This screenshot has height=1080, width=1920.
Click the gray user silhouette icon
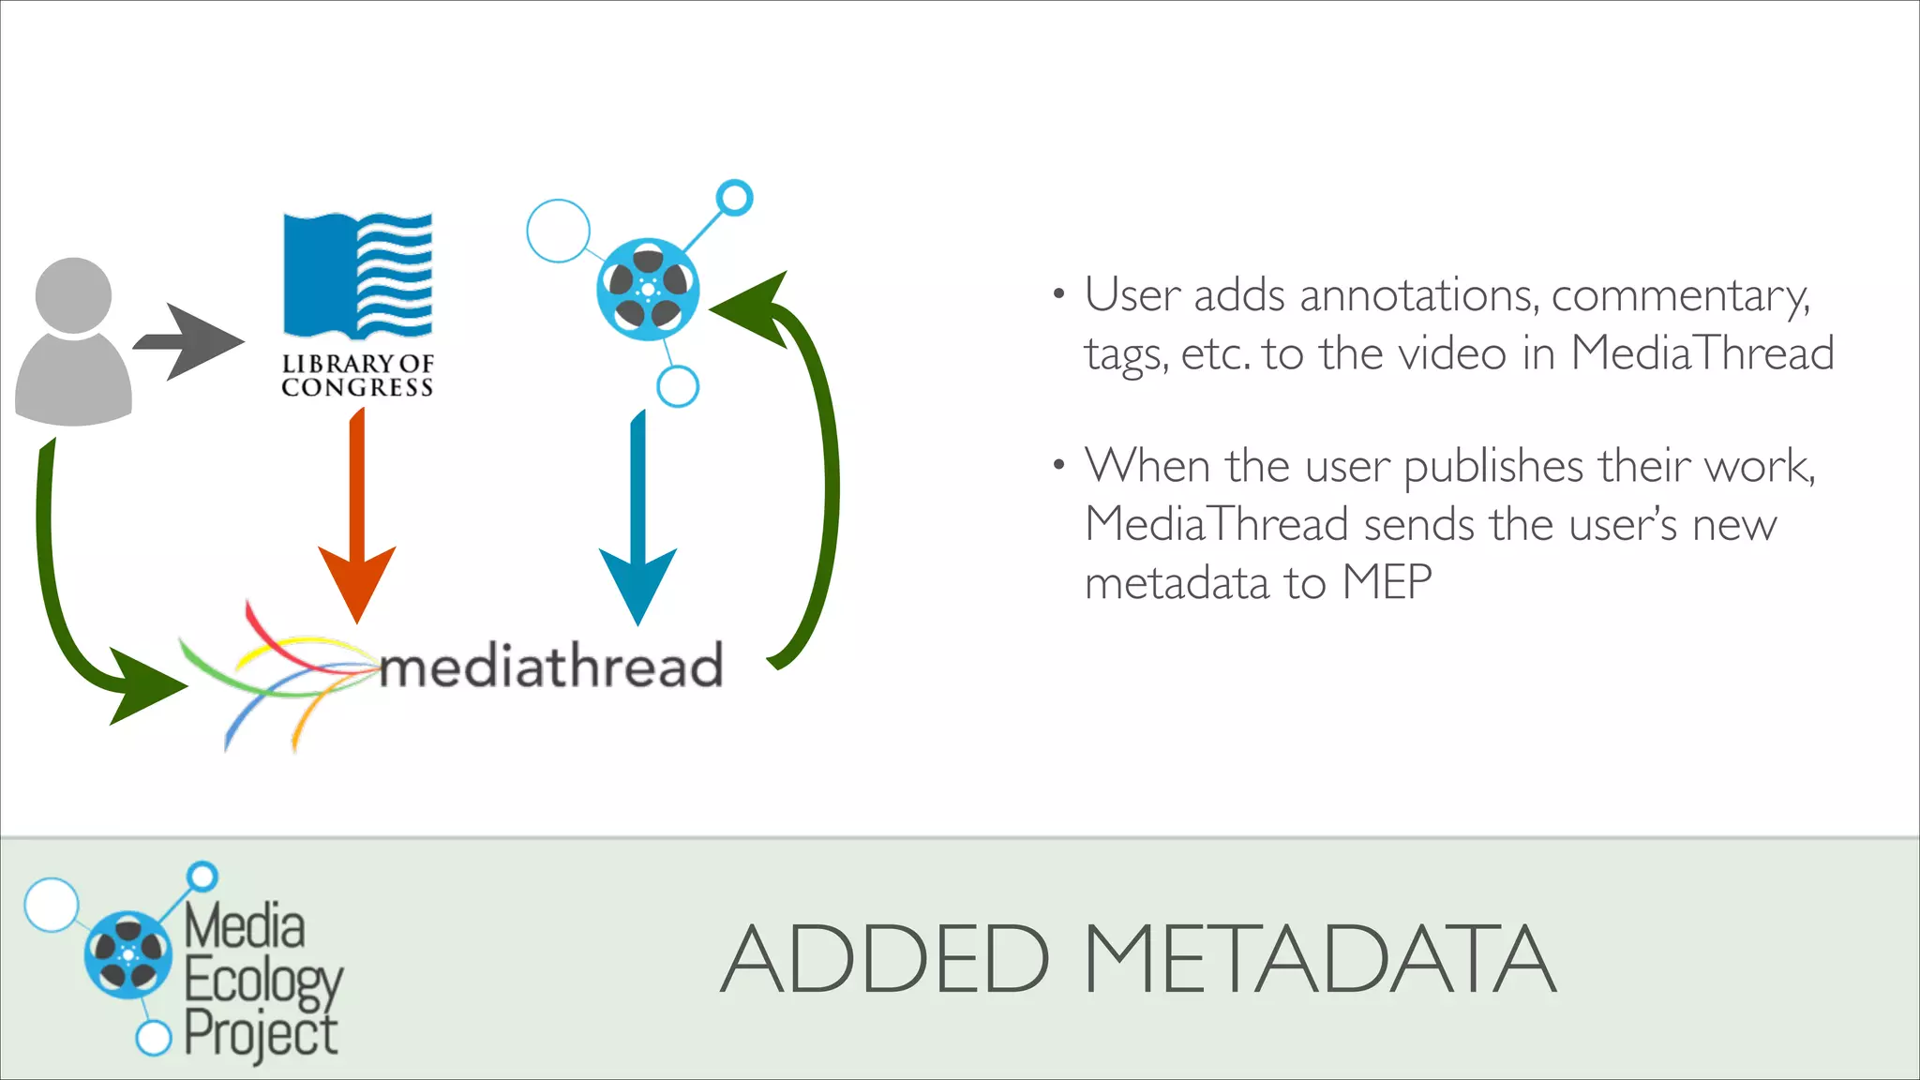click(73, 342)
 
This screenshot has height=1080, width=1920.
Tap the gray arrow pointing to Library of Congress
click(188, 341)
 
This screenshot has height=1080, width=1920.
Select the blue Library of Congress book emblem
click(357, 276)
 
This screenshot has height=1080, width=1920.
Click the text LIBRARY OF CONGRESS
click(357, 375)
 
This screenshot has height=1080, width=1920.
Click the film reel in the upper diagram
click(648, 289)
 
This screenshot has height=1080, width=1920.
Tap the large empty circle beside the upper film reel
click(558, 231)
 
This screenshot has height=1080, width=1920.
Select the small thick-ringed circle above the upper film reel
click(734, 198)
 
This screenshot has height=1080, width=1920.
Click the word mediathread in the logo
click(551, 666)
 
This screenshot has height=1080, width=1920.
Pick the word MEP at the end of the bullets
click(1387, 582)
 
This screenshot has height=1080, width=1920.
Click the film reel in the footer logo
click(128, 954)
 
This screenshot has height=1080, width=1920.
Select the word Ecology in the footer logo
click(263, 982)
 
